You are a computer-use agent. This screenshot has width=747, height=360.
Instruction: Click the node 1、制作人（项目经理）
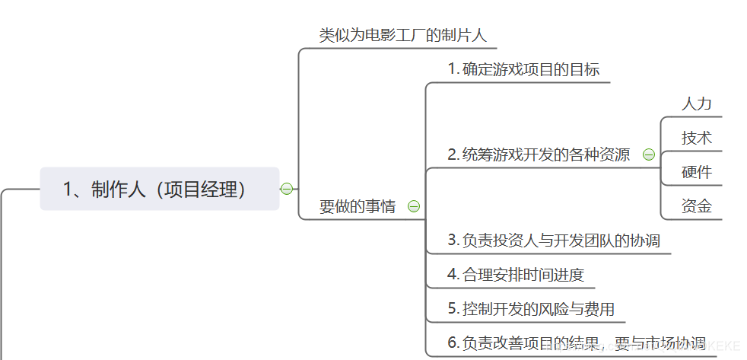tap(160, 189)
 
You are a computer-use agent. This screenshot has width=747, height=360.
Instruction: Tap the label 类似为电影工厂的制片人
tap(402, 35)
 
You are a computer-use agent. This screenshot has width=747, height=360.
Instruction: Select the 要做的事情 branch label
tap(358, 206)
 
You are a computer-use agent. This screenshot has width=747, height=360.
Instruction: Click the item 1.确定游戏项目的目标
tap(524, 69)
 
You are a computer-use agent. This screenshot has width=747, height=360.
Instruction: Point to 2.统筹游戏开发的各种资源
tap(539, 155)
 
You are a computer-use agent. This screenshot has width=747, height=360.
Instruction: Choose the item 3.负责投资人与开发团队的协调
tap(554, 241)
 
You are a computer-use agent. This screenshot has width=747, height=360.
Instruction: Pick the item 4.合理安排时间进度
tap(516, 275)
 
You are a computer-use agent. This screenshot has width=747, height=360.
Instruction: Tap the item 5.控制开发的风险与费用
tap(531, 309)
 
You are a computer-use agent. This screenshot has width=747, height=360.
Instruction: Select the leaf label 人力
tap(696, 104)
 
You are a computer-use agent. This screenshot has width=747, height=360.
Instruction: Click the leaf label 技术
tap(696, 138)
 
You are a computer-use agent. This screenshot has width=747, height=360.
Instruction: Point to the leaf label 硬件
tap(696, 172)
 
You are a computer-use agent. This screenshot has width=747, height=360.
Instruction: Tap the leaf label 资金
tap(696, 206)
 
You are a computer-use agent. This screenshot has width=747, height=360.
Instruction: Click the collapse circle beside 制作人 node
tap(287, 189)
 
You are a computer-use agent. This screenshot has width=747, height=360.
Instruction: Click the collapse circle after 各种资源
tap(649, 155)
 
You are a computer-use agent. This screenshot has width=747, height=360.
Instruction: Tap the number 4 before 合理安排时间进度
tap(452, 275)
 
